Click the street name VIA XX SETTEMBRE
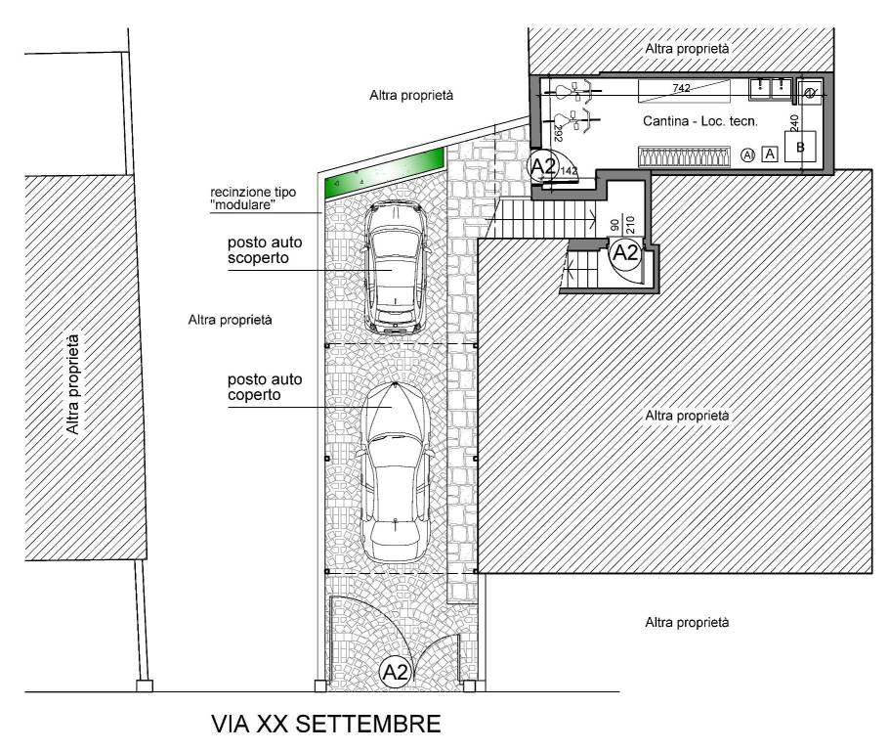click(325, 726)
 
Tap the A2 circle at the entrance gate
click(395, 672)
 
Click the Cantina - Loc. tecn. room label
click(701, 121)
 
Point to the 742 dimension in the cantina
click(682, 89)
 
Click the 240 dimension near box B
click(794, 124)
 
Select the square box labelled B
click(800, 148)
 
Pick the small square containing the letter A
click(770, 154)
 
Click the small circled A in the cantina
click(748, 154)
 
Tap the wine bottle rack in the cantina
click(684, 156)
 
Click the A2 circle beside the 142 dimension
click(543, 166)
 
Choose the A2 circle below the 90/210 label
click(623, 254)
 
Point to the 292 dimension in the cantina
click(558, 132)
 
